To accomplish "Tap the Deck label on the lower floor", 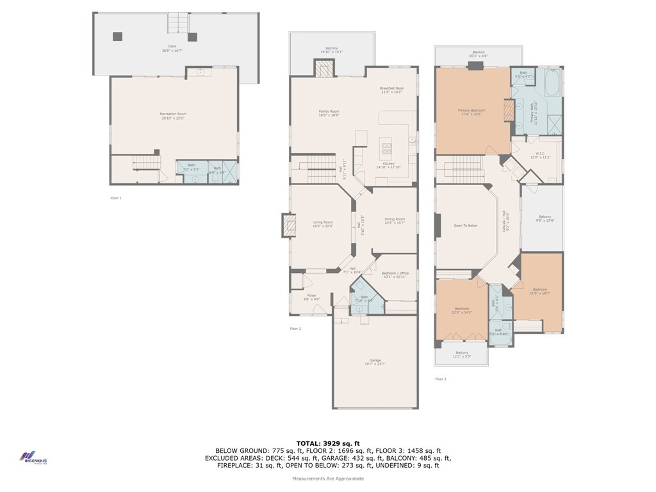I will coord(172,48).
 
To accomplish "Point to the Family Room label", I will coord(329,113).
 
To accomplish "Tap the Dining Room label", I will coord(395,221).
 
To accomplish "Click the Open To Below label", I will coord(466,225).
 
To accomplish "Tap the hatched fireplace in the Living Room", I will coord(288,225).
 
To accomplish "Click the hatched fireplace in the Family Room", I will coord(324,69).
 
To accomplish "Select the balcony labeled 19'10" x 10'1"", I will coord(331,50).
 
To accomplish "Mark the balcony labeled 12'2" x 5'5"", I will coord(461,354).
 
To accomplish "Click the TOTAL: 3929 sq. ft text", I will coord(328,443).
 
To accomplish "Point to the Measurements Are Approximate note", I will coord(328,479).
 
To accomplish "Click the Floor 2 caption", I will coord(295,329).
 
